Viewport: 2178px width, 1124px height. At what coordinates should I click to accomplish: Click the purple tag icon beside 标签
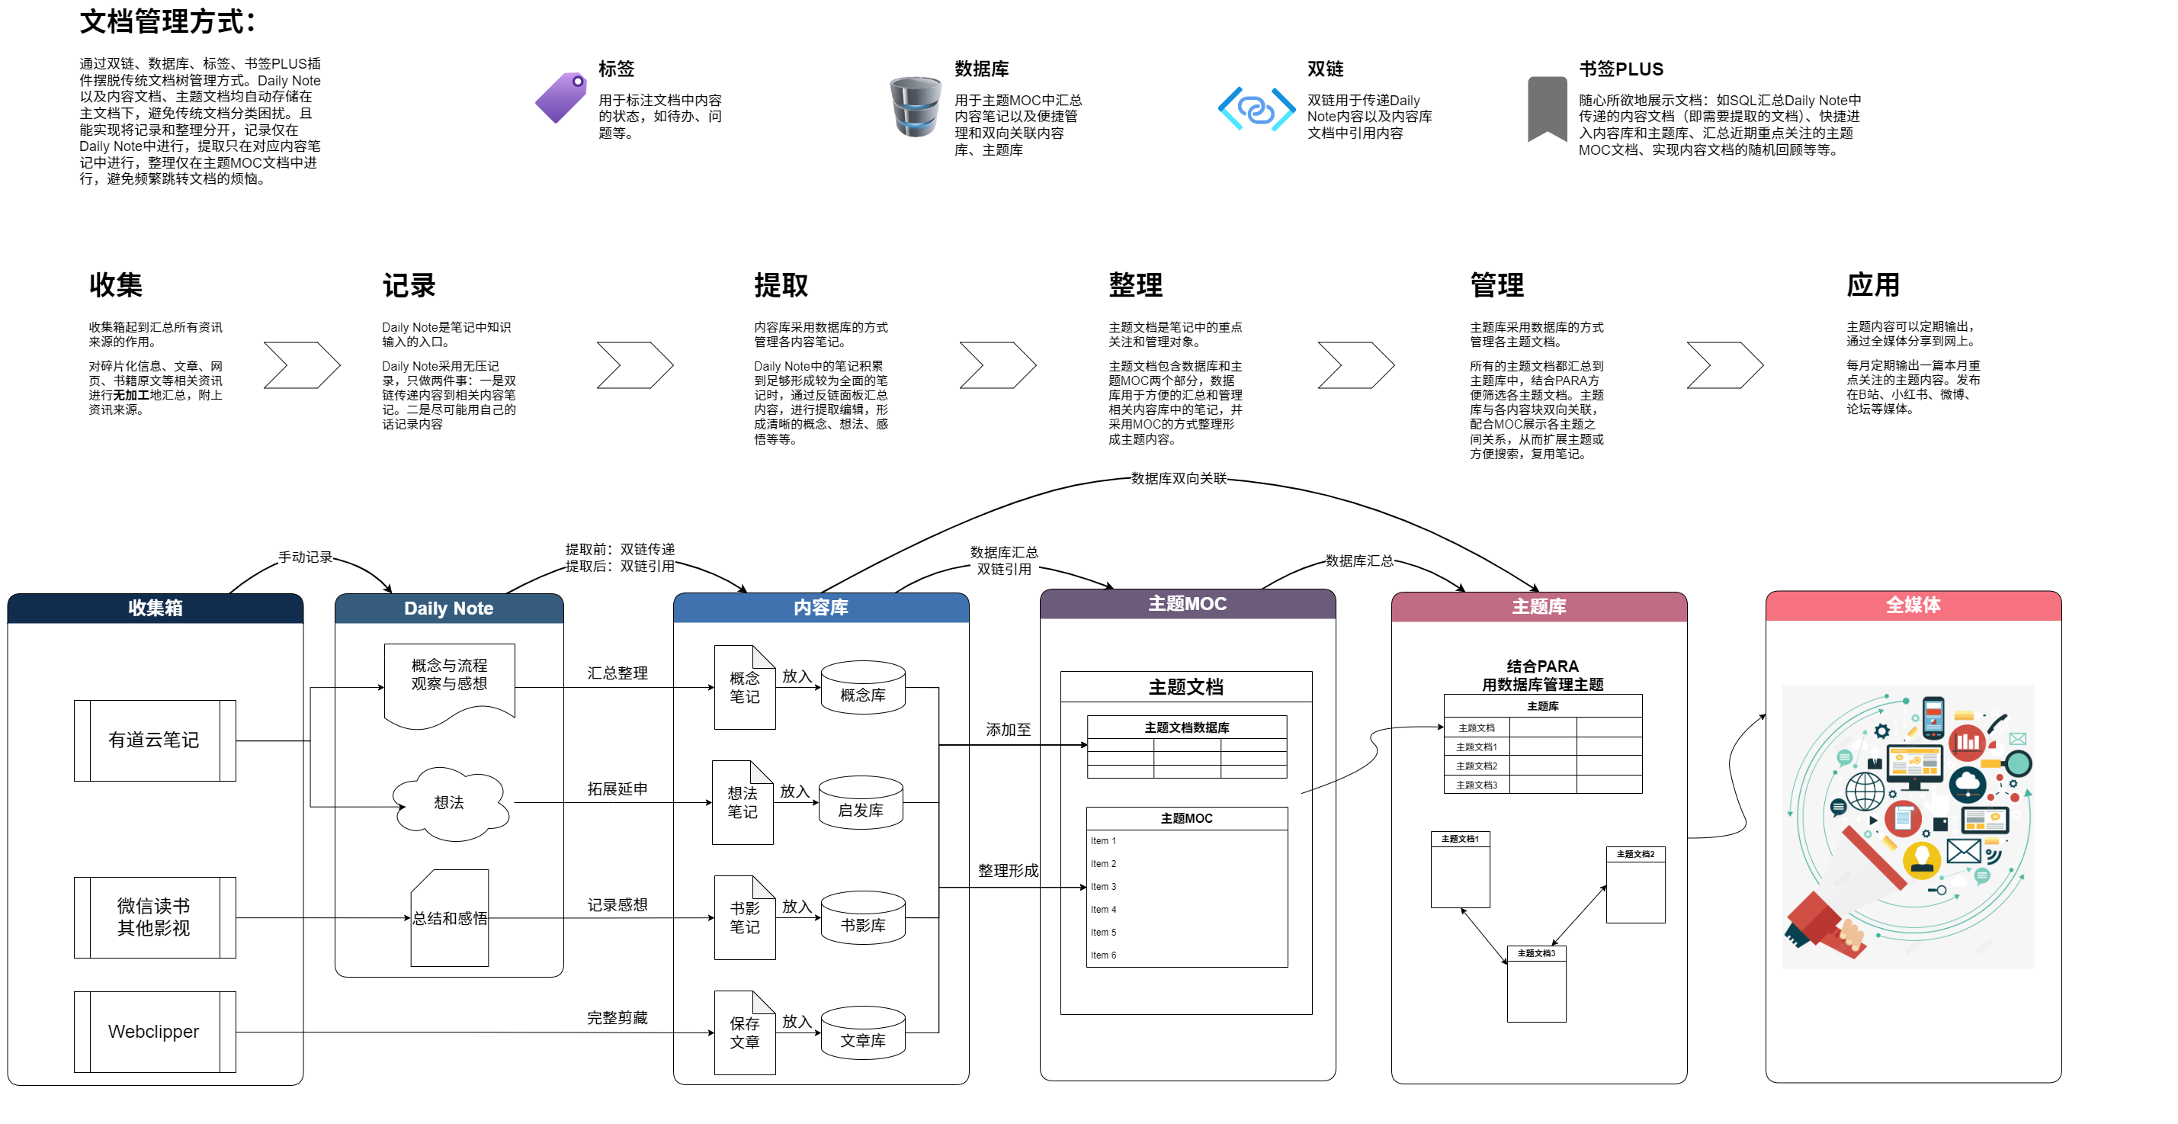click(560, 98)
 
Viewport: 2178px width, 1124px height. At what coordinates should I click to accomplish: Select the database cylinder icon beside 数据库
click(916, 107)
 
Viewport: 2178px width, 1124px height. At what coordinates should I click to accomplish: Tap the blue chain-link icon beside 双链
click(1256, 109)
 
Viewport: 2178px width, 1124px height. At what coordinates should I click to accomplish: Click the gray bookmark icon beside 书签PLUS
click(1548, 108)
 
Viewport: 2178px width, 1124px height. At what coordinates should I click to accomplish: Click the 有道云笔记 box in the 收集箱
click(155, 740)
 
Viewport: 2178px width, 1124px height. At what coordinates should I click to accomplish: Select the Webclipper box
click(155, 1031)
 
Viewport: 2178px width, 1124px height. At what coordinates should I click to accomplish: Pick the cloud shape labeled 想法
click(450, 803)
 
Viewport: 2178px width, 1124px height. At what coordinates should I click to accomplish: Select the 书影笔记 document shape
click(744, 917)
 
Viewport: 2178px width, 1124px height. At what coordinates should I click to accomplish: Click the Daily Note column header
click(449, 608)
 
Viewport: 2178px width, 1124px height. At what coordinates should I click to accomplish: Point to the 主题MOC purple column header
click(1187, 604)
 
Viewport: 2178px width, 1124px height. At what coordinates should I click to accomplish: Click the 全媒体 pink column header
click(1913, 605)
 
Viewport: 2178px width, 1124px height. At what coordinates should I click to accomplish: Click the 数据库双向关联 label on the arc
click(1179, 479)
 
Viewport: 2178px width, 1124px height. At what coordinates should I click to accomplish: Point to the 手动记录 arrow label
click(305, 557)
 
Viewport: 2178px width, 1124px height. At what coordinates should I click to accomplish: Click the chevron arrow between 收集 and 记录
click(301, 365)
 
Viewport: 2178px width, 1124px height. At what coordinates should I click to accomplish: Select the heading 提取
click(781, 286)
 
